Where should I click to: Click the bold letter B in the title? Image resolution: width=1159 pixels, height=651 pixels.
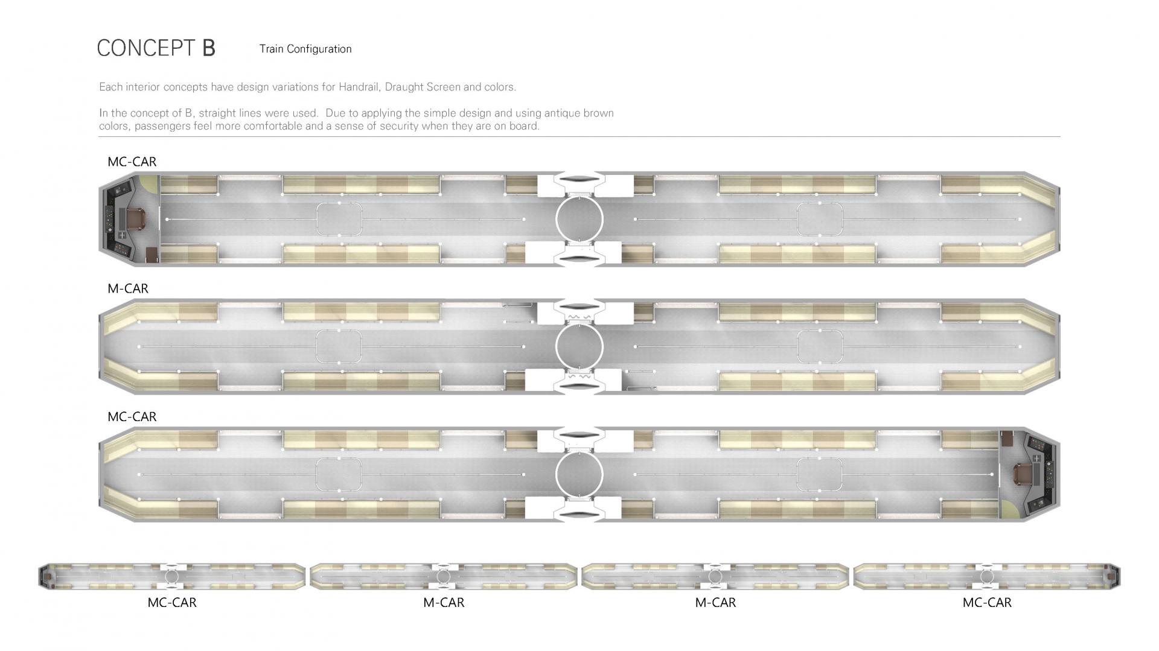(208, 48)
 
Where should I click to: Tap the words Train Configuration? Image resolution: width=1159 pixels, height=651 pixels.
(305, 49)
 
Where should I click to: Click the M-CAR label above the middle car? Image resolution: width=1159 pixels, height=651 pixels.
(128, 288)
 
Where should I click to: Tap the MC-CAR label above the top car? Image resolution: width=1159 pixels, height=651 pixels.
(132, 162)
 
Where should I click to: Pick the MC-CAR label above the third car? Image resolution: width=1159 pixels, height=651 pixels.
(132, 417)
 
